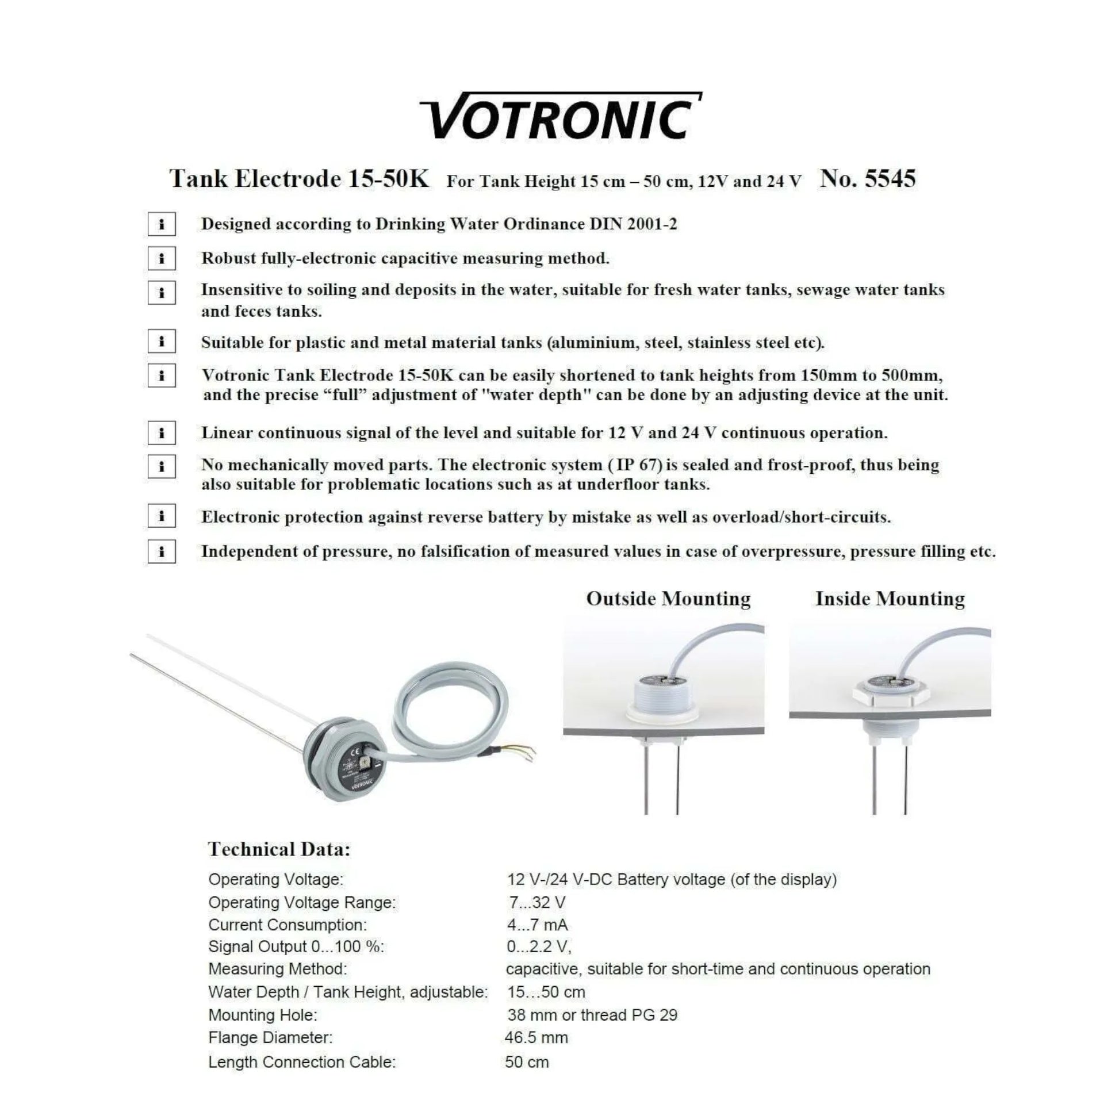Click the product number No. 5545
(x=867, y=178)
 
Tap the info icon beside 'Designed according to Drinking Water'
(x=162, y=224)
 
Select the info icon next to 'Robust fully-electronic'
(x=162, y=258)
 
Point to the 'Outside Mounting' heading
(x=668, y=598)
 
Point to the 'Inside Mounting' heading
(x=890, y=598)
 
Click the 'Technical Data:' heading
(x=279, y=849)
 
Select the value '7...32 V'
(x=537, y=902)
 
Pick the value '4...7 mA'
(x=538, y=925)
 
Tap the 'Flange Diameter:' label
(x=270, y=1037)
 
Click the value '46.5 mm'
(x=536, y=1037)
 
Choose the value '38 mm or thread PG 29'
(x=592, y=1015)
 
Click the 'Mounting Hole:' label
(x=262, y=1015)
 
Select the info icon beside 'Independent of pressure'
(x=162, y=551)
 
